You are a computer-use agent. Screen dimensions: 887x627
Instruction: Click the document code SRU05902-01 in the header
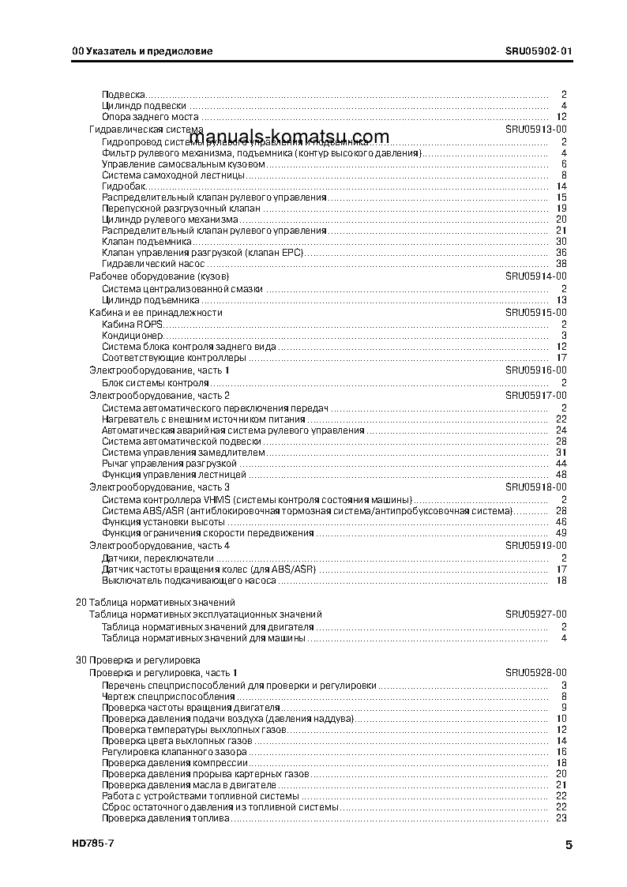coord(539,51)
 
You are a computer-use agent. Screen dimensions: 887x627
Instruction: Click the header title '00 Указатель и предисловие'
coord(142,51)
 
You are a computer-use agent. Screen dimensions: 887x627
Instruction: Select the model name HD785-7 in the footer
coord(92,844)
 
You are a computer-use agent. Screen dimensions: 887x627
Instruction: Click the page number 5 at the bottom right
coord(569,845)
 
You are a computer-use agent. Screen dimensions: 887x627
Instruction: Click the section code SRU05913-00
coord(536,130)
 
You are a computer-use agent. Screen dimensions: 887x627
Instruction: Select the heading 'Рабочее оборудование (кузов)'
coord(159,277)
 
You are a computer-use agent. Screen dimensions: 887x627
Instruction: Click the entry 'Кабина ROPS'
coord(131,324)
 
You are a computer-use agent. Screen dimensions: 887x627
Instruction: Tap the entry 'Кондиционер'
coord(133,335)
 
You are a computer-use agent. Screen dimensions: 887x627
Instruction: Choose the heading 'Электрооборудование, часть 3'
coord(159,487)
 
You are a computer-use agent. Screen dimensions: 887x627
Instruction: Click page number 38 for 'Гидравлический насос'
coord(561,264)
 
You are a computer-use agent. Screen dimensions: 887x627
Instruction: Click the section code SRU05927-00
coord(536,614)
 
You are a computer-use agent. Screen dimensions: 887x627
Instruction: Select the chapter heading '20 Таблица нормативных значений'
coord(139,603)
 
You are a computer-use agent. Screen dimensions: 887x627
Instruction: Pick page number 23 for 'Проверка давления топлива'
coord(561,817)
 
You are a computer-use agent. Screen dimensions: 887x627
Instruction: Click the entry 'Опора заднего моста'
coord(150,117)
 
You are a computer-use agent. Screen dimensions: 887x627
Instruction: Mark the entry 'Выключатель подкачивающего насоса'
coord(189,580)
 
